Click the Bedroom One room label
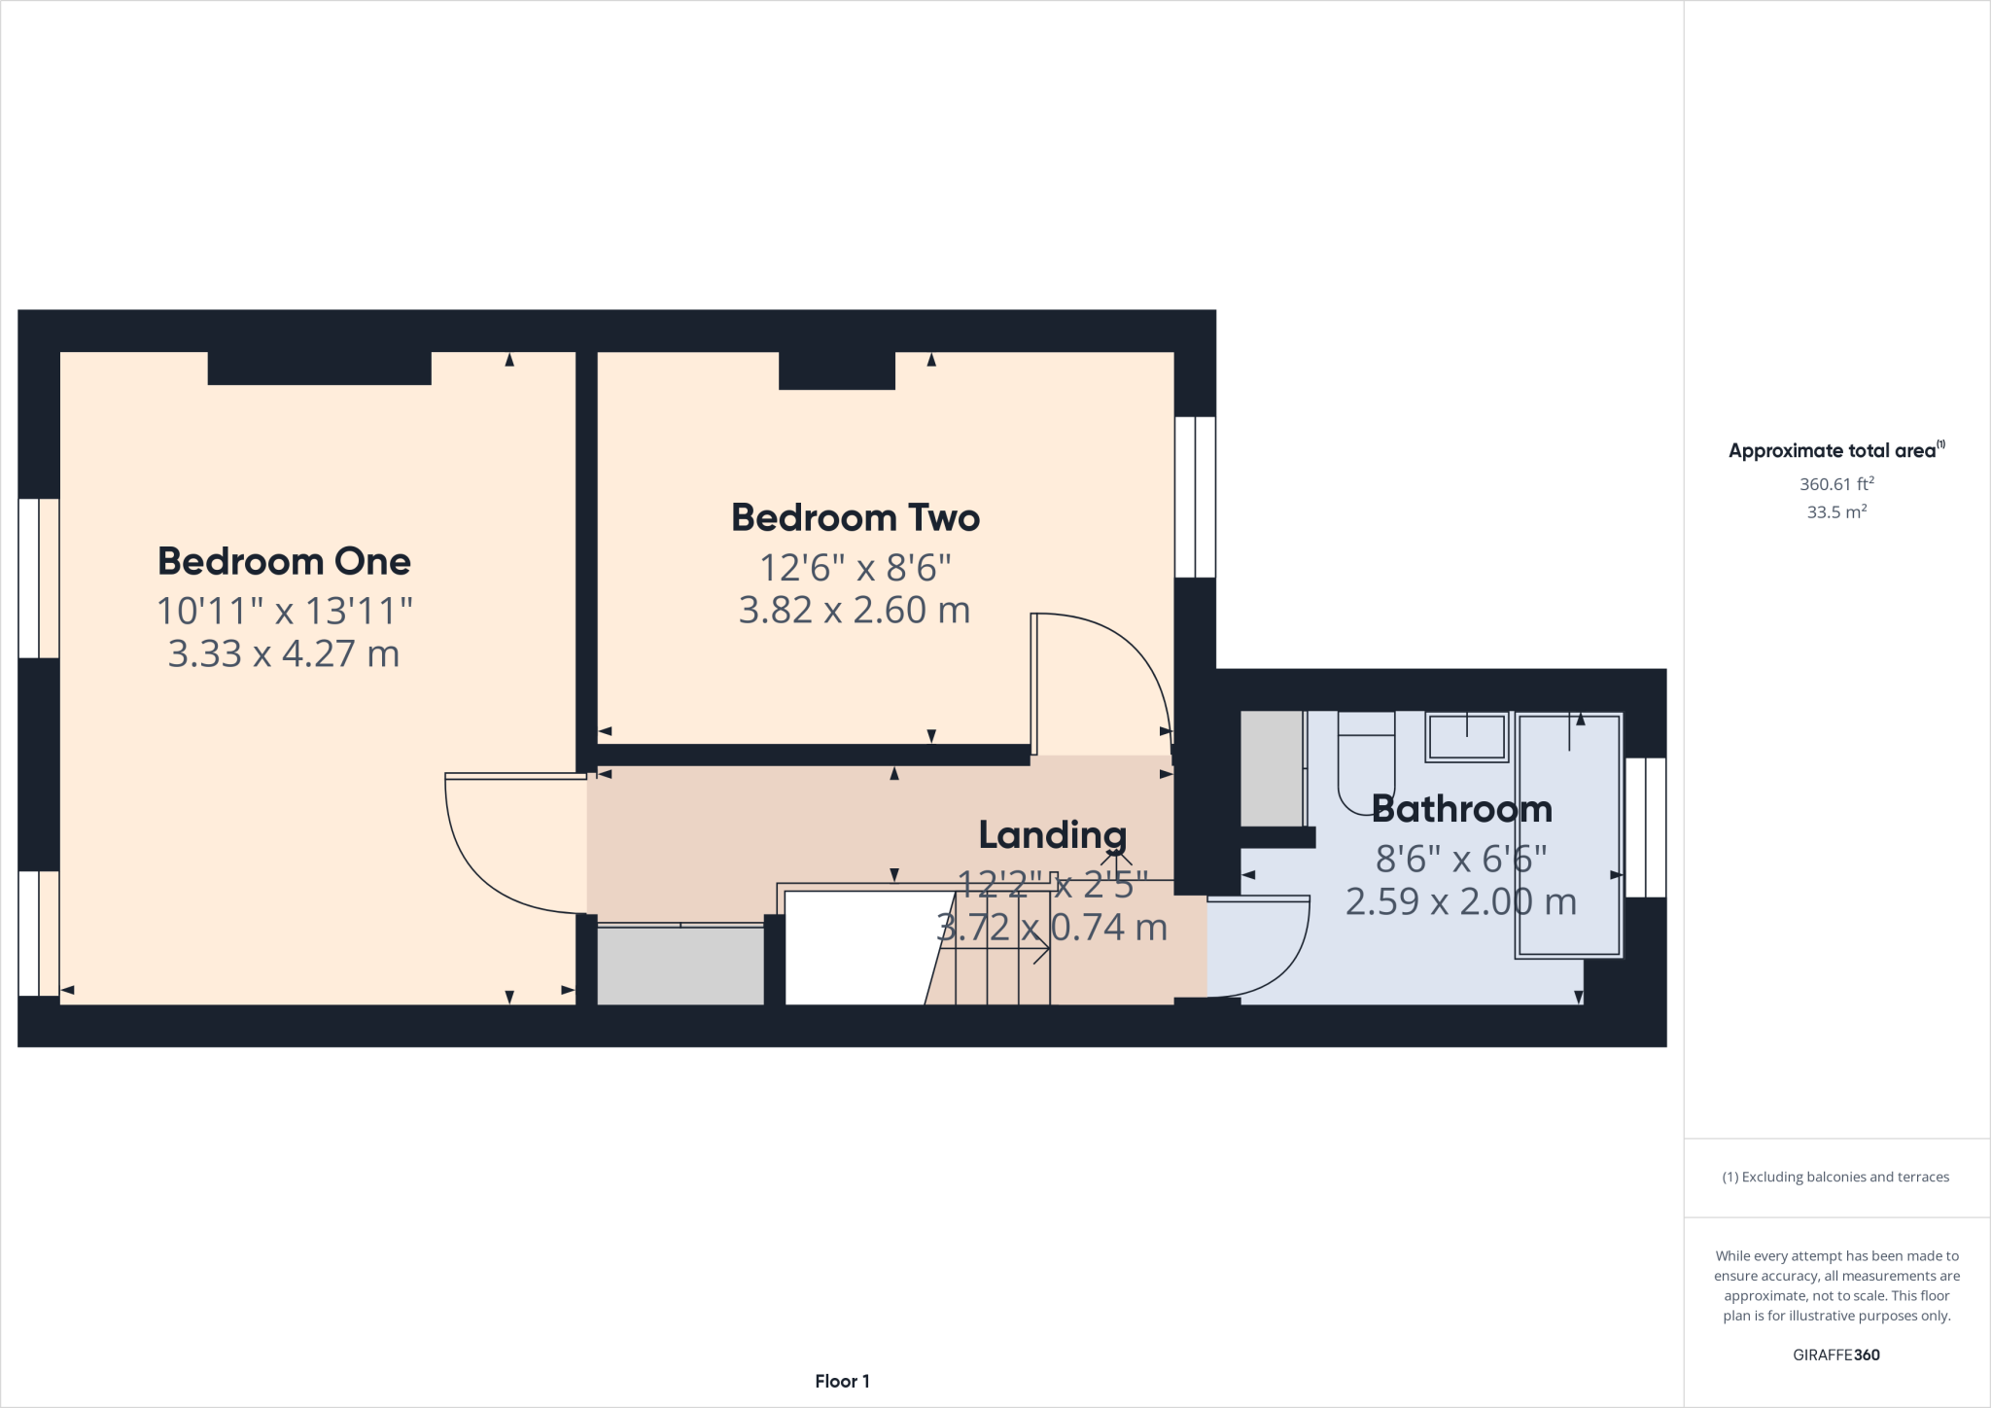coord(284,561)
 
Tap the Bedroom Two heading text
coord(855,517)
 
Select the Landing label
coord(1052,834)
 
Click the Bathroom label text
coord(1461,809)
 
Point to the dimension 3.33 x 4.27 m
coord(284,653)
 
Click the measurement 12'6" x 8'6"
coord(855,567)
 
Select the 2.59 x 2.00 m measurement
coord(1460,901)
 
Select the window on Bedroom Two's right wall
coord(1195,497)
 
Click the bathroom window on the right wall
coord(1645,827)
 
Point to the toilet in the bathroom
coord(1366,763)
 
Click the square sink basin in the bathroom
coord(1466,737)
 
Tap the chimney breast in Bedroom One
coord(319,368)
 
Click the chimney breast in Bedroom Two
coord(836,370)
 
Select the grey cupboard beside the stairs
coord(680,966)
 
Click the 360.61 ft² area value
coord(1835,484)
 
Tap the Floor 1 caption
coord(842,1381)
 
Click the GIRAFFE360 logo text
coord(1835,1355)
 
